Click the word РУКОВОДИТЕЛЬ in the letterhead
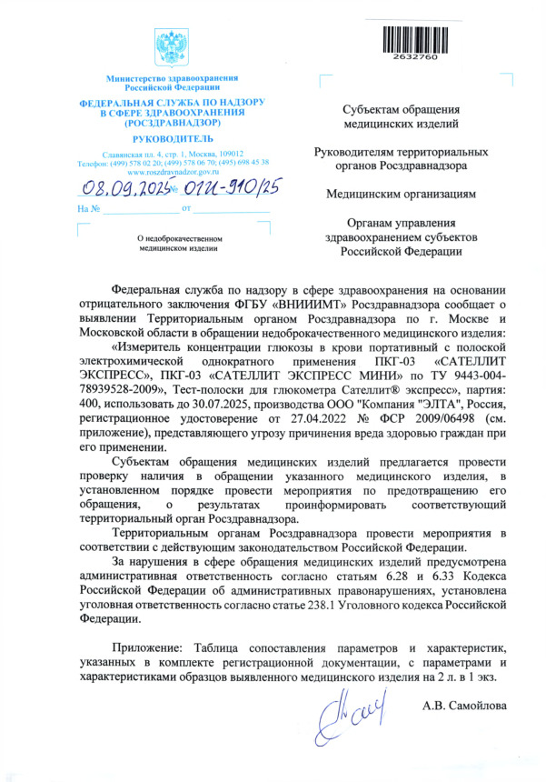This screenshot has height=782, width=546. [x=173, y=138]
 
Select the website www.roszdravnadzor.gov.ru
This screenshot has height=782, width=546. [x=173, y=172]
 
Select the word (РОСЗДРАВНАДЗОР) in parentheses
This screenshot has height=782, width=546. [x=173, y=121]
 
